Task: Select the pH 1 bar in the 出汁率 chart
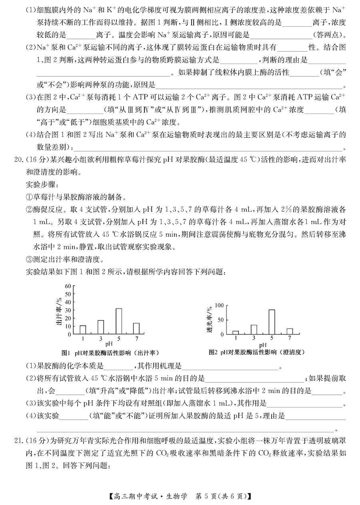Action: [x=83, y=329]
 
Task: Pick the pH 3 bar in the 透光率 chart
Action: [x=254, y=329]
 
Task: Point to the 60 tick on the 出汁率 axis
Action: [x=68, y=286]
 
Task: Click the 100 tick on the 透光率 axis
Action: [x=218, y=305]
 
